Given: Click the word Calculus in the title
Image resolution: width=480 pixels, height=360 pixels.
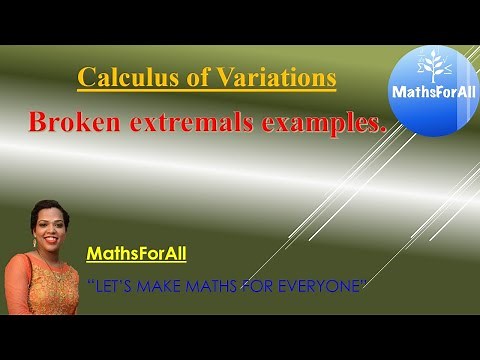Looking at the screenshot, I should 122,77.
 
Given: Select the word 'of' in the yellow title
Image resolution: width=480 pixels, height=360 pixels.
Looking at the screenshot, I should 190,77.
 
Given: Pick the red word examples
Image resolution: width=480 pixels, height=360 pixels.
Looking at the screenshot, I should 325,123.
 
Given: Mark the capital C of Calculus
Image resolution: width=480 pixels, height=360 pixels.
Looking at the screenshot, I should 86,77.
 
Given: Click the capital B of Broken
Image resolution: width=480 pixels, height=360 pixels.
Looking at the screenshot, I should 38,123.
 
